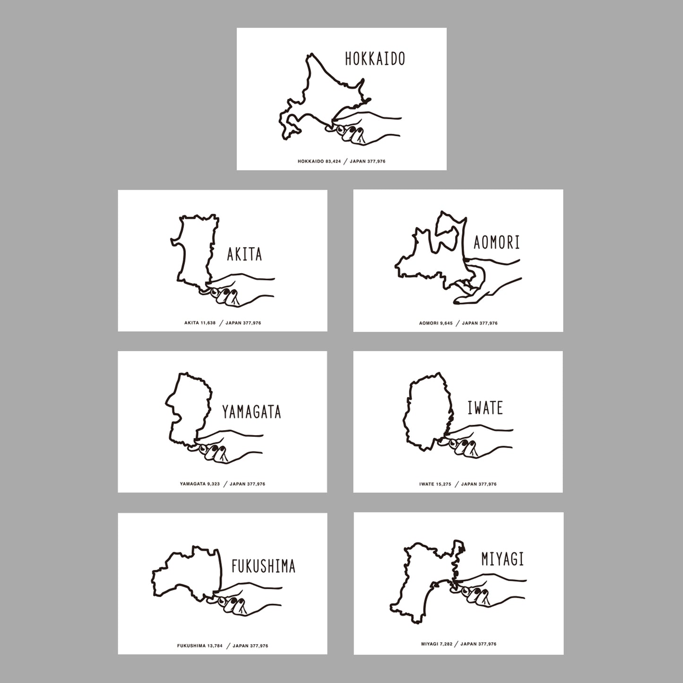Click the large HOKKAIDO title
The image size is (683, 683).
pyautogui.click(x=375, y=59)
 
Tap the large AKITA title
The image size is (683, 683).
pyautogui.click(x=244, y=254)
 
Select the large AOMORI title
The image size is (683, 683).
pyautogui.click(x=497, y=242)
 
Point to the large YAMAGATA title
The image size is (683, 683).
pyautogui.click(x=251, y=412)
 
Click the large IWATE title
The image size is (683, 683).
pyautogui.click(x=485, y=408)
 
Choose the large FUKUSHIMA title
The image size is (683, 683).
pyautogui.click(x=263, y=566)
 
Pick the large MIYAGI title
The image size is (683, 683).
pyautogui.click(x=502, y=559)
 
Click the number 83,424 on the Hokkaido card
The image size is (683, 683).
pyautogui.click(x=333, y=161)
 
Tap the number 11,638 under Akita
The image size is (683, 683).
pyautogui.click(x=208, y=323)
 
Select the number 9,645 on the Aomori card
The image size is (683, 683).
pyautogui.click(x=446, y=323)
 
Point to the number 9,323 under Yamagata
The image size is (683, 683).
pyautogui.click(x=213, y=484)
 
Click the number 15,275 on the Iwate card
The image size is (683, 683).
pyautogui.click(x=443, y=484)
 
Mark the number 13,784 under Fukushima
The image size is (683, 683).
pyautogui.click(x=215, y=646)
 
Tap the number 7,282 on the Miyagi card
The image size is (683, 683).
pyautogui.click(x=446, y=644)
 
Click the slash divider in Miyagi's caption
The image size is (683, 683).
pyautogui.click(x=457, y=644)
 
